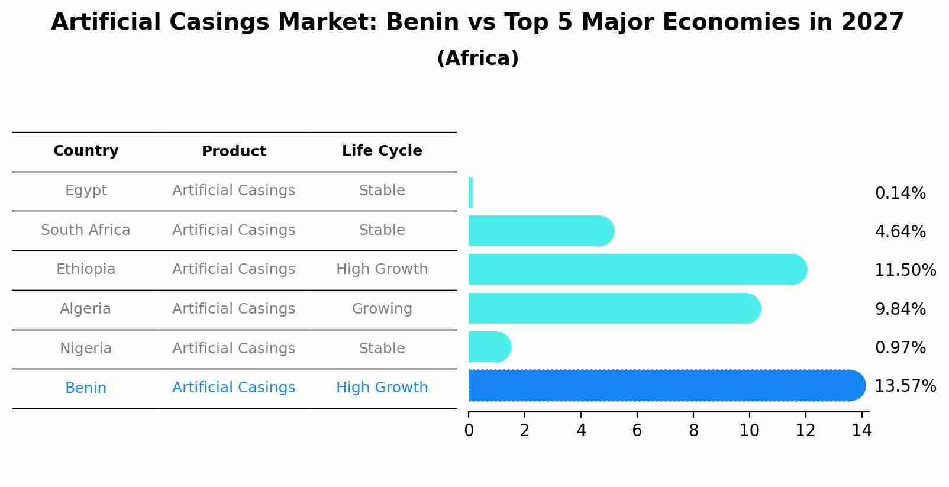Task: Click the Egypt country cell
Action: coord(86,191)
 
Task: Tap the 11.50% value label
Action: coord(905,270)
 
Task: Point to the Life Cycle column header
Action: coord(382,151)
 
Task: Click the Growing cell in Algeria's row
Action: coord(382,309)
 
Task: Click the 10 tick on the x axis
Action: coord(749,431)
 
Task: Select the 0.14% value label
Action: coord(900,193)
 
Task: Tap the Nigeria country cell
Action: coord(86,349)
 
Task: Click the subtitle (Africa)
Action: coord(477,59)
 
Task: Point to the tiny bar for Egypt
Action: coord(470,192)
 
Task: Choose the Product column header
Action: coord(234,151)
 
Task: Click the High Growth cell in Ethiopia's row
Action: coord(382,269)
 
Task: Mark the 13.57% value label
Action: coord(905,386)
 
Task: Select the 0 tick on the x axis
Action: coord(469,431)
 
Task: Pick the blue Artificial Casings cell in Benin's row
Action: coord(234,388)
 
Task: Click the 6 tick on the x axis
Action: coord(637,431)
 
